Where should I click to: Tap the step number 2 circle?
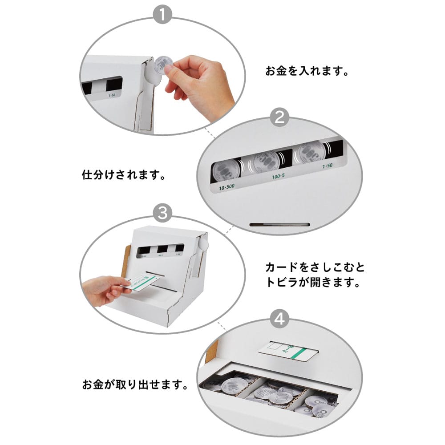pyautogui.click(x=279, y=118)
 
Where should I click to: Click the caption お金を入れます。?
pyautogui.click(x=306, y=71)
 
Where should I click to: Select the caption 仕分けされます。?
pyautogui.click(x=124, y=174)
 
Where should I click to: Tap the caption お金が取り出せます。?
pyautogui.click(x=134, y=384)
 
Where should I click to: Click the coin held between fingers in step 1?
pyautogui.click(x=164, y=65)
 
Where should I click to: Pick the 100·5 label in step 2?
pyautogui.click(x=279, y=177)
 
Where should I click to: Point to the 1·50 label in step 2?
pyautogui.click(x=327, y=166)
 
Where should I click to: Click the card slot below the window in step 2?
pyautogui.click(x=279, y=224)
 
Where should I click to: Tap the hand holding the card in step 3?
pyautogui.click(x=101, y=290)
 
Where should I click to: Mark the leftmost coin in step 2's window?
pyautogui.click(x=225, y=170)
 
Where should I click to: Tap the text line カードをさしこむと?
pyautogui.click(x=315, y=267)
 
